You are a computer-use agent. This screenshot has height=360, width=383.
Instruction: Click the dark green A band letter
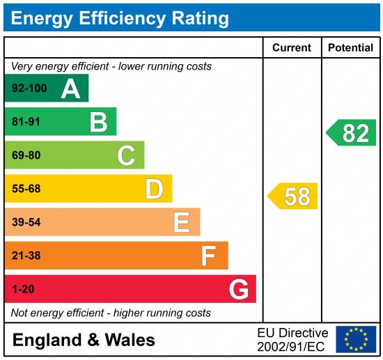tap(70, 88)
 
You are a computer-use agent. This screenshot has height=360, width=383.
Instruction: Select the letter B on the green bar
tap(98, 123)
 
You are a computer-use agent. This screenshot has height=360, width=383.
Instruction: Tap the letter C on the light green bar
tap(126, 155)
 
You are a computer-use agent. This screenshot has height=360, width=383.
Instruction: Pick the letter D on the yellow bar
tap(154, 189)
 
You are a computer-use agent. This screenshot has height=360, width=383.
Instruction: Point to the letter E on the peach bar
tap(181, 222)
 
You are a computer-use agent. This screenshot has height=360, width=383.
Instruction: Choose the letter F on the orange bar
tap(208, 256)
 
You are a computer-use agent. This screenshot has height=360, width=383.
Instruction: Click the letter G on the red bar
tap(239, 289)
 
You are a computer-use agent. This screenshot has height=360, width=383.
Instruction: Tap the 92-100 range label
tap(29, 88)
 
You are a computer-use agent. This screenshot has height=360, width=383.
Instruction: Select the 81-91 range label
tap(26, 123)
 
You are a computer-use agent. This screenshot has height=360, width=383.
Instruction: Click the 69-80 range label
tap(26, 155)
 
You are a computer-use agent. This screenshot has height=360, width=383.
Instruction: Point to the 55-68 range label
tap(26, 189)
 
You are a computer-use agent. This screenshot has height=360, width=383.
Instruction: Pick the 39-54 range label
tap(26, 222)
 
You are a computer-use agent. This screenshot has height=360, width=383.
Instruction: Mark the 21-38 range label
tap(26, 256)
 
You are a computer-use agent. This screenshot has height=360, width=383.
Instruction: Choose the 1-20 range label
tap(22, 289)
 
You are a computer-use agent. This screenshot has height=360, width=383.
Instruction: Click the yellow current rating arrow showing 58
tap(293, 196)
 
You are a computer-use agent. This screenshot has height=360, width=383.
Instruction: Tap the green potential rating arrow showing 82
tap(352, 132)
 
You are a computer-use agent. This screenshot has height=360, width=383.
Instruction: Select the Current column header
tap(292, 48)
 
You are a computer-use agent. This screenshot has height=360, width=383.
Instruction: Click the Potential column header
tap(350, 48)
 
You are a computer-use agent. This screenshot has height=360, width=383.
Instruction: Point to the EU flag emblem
tap(355, 339)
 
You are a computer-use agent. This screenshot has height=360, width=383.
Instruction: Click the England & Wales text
tap(84, 341)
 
